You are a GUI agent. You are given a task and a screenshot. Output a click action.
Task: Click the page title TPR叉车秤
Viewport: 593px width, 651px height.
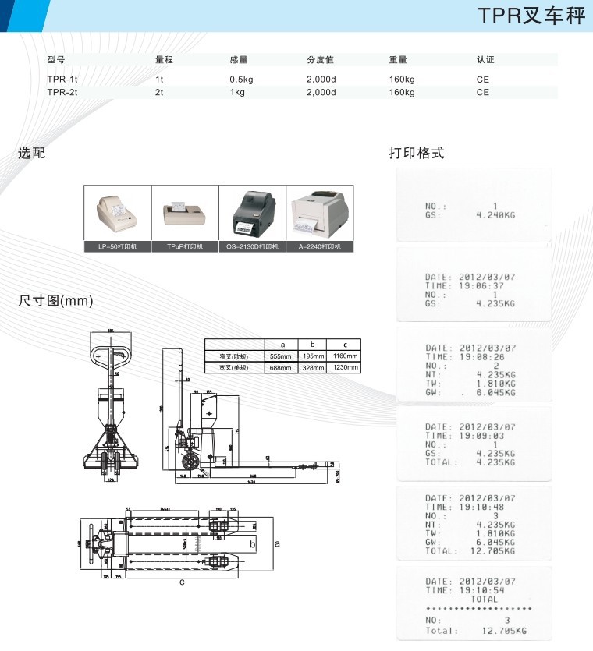(x=531, y=16)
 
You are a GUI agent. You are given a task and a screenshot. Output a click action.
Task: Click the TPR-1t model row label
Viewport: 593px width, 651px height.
(x=62, y=80)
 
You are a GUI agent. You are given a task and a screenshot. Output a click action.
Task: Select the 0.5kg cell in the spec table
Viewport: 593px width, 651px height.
(x=241, y=80)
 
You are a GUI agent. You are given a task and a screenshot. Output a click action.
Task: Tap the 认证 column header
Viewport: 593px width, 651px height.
(x=485, y=59)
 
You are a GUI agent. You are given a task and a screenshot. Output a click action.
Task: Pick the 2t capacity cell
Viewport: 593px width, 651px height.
(x=159, y=92)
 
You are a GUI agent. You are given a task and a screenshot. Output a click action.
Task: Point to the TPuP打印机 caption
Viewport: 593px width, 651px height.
(x=184, y=246)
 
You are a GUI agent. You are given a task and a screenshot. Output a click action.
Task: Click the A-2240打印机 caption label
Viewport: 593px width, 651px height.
(x=320, y=246)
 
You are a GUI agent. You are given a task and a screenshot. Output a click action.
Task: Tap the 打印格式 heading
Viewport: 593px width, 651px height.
(x=417, y=153)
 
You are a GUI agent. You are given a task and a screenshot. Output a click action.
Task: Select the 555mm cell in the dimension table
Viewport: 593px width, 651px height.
(x=282, y=356)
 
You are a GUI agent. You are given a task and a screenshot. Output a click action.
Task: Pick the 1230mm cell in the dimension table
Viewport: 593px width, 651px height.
(x=345, y=367)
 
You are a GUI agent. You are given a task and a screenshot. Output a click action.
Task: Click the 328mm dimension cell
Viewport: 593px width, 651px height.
(x=313, y=367)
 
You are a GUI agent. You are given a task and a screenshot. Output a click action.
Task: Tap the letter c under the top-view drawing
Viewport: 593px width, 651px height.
(x=181, y=582)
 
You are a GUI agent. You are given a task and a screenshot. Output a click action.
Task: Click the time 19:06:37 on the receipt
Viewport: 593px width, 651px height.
(x=481, y=286)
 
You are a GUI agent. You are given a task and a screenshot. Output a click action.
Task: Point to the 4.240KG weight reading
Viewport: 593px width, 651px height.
(x=495, y=214)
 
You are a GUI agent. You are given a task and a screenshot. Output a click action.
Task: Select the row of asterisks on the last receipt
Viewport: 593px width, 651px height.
(x=478, y=608)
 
